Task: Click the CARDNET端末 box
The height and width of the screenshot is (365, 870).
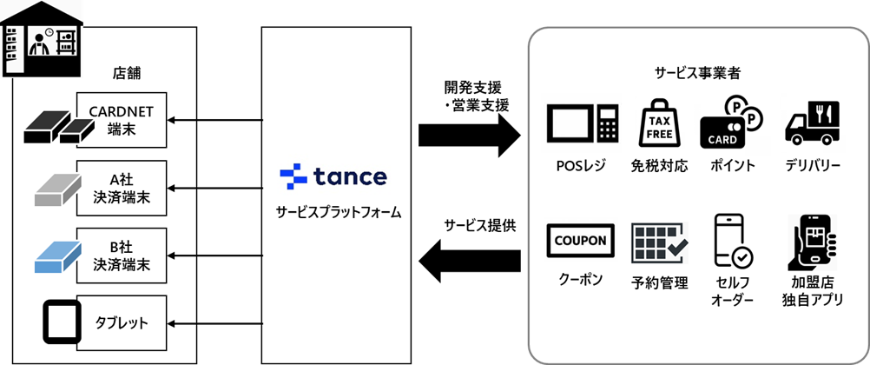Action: pyautogui.click(x=122, y=120)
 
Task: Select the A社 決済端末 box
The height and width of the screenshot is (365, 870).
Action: pyautogui.click(x=122, y=188)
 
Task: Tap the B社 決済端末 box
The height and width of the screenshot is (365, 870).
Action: pyautogui.click(x=122, y=255)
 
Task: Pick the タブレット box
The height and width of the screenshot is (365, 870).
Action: pyautogui.click(x=122, y=323)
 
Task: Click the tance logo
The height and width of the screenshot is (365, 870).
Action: pyautogui.click(x=333, y=176)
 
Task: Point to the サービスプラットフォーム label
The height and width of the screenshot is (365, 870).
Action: pyautogui.click(x=333, y=210)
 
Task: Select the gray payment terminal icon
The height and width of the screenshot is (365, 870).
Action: pyautogui.click(x=56, y=189)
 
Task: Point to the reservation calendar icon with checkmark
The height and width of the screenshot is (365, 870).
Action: pyautogui.click(x=659, y=242)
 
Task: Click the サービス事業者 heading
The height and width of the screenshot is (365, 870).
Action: pyautogui.click(x=692, y=74)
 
